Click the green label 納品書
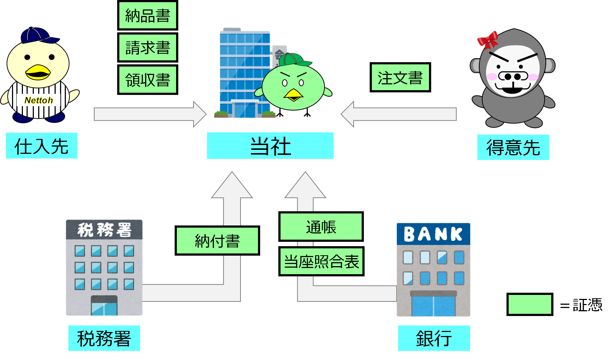click(147, 15)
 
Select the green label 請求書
click(147, 47)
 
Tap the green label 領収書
click(147, 80)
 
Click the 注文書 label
click(400, 77)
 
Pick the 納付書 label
click(217, 241)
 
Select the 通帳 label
click(321, 227)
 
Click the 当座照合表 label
click(321, 261)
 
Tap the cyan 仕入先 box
click(41, 146)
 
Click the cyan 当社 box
click(270, 146)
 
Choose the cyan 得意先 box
click(513, 147)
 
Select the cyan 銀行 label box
click(434, 338)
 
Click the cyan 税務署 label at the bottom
click(104, 338)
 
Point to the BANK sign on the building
click(433, 234)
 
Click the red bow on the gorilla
click(488, 40)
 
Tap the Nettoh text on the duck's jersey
click(39, 100)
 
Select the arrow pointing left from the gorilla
click(398, 114)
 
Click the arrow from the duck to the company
click(149, 114)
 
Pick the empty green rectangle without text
click(529, 304)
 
